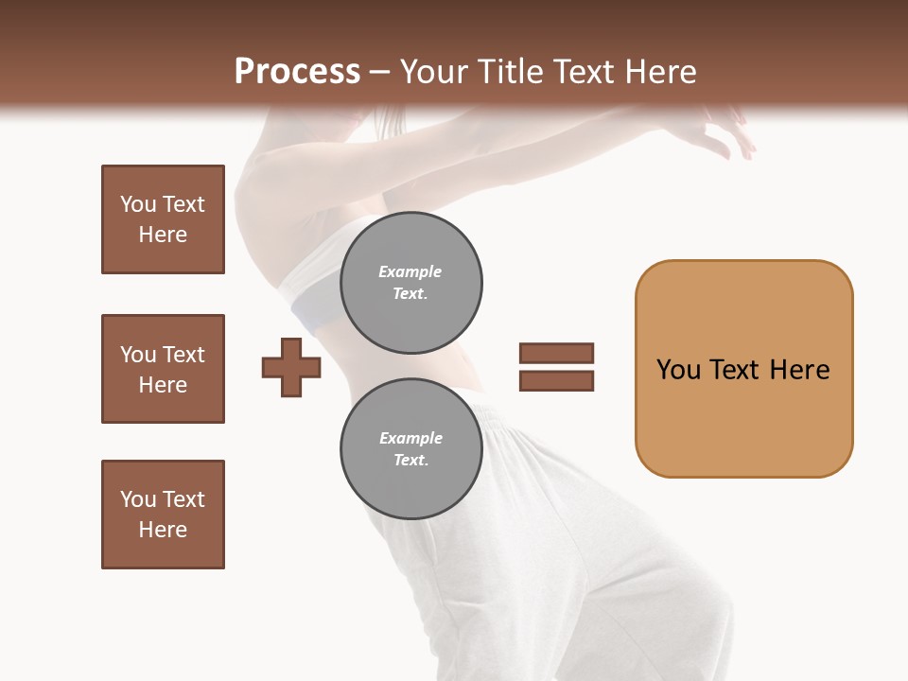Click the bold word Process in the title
297,72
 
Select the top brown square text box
163,219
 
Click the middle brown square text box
163,369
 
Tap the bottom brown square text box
163,515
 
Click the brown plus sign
291,367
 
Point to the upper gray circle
410,283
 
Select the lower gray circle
410,449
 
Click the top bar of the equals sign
556,354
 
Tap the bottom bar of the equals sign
556,381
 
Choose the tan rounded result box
743,369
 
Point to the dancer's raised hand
728,132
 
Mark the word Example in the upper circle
410,271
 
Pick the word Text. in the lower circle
410,460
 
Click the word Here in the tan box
799,370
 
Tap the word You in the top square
138,204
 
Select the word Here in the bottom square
163,530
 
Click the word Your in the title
436,72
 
